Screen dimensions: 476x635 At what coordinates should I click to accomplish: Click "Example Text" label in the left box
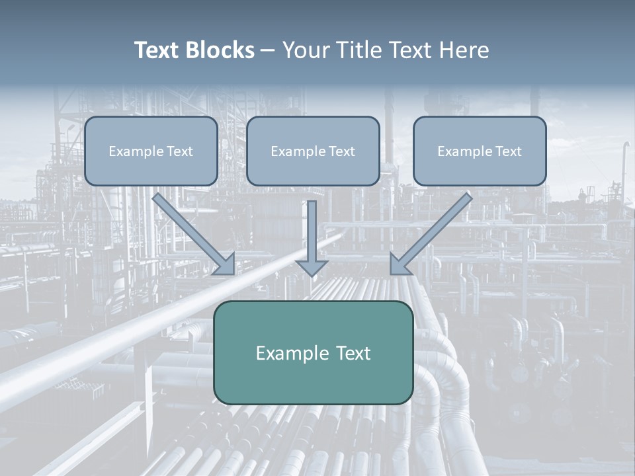pos(151,151)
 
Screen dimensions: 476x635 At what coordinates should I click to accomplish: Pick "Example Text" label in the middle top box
pos(313,151)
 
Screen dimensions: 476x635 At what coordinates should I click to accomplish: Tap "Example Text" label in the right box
pos(480,151)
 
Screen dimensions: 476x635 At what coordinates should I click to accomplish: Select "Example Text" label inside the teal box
pos(313,353)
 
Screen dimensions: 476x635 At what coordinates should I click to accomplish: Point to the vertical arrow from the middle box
pos(312,228)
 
